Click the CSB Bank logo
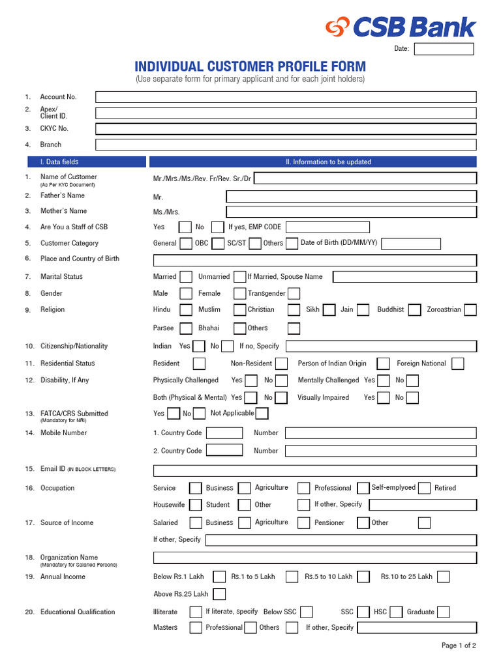(401, 27)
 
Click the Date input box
(444, 49)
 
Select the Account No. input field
(286, 97)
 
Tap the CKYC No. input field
(286, 129)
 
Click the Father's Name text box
(351, 196)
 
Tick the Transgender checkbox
(294, 294)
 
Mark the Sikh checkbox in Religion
(329, 310)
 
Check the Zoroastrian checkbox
(470, 310)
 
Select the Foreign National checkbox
(458, 363)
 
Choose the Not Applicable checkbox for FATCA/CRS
(262, 414)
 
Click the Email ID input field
(314, 470)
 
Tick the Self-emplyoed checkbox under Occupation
(424, 488)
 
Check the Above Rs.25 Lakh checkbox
(219, 594)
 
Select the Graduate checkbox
(444, 612)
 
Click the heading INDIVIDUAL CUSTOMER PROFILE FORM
(250, 67)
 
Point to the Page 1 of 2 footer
(459, 646)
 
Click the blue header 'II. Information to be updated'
(313, 162)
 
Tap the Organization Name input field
(314, 558)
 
